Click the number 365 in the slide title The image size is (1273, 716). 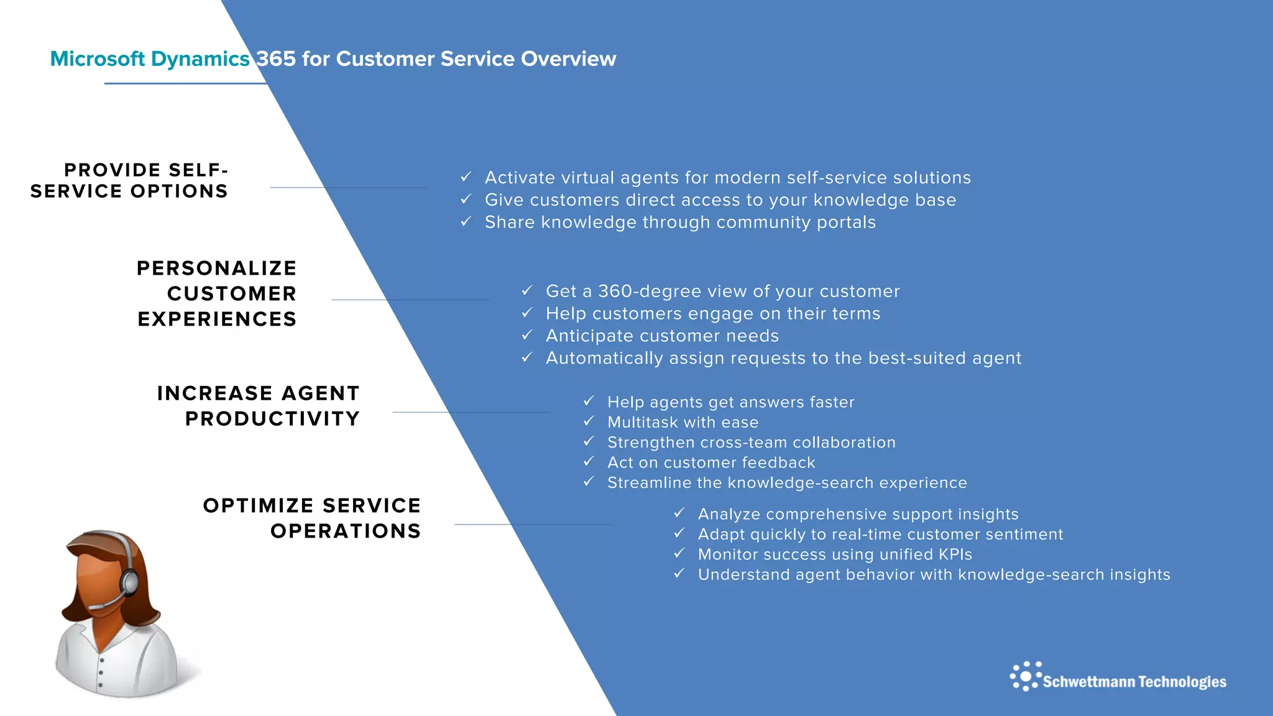coord(276,59)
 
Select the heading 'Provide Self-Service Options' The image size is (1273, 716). coord(129,180)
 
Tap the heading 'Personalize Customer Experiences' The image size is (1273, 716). coord(217,293)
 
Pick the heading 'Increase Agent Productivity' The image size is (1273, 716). coord(259,406)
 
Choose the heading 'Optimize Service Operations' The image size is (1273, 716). coord(312,518)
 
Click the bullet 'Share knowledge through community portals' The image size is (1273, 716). coord(680,223)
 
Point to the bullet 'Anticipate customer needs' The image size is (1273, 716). coord(662,336)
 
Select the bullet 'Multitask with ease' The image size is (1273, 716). coord(682,423)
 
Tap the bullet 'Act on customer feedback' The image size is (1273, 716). coord(710,463)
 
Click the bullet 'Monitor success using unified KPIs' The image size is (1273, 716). coord(834,554)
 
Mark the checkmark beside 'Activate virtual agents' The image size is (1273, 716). coord(466,177)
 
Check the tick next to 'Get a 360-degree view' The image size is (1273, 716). coord(527,290)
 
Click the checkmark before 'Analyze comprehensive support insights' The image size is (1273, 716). coord(679,513)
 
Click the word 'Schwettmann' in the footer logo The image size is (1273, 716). coord(1089,682)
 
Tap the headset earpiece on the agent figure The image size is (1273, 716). coord(129,582)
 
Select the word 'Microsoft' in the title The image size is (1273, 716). coord(98,59)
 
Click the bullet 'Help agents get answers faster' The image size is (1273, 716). coord(730,403)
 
